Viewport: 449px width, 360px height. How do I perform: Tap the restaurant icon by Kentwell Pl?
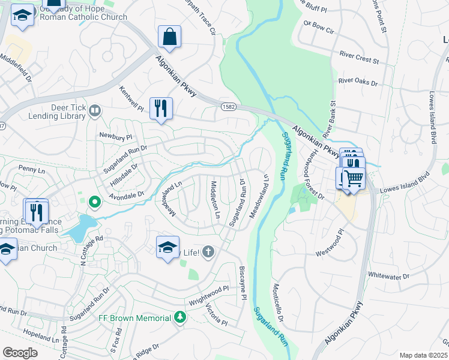(161, 109)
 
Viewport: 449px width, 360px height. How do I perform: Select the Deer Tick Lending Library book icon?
(95, 110)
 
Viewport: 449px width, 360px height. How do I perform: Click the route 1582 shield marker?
(226, 107)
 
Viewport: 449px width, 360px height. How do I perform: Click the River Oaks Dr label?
(358, 81)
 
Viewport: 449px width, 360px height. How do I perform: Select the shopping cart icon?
(354, 178)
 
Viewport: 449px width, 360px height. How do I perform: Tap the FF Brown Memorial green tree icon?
(179, 317)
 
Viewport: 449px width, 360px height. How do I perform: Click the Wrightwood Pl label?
(209, 296)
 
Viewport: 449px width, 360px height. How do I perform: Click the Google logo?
(20, 353)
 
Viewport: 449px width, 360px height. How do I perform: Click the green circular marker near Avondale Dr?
(94, 203)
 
